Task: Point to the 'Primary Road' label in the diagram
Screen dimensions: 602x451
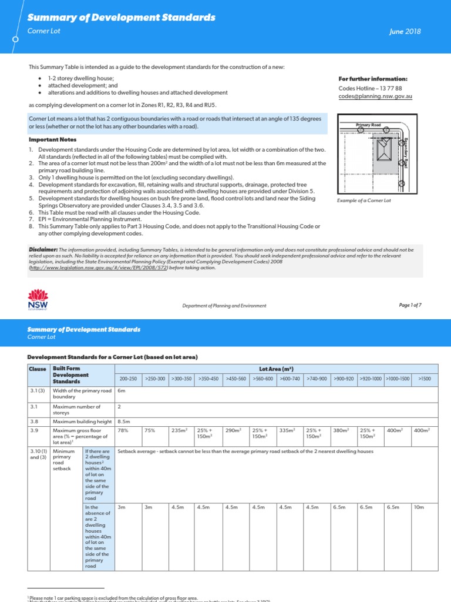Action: [x=368, y=125]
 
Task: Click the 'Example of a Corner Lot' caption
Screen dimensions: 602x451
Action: [x=364, y=200]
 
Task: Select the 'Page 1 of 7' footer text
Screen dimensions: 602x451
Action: [x=410, y=305]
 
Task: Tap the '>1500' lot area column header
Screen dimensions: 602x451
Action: [x=424, y=379]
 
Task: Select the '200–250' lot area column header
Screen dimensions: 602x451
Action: [x=128, y=379]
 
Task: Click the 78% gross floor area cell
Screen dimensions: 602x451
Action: [x=123, y=430]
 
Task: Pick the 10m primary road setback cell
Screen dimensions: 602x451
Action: [x=419, y=506]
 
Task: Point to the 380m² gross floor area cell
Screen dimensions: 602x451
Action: [x=341, y=430]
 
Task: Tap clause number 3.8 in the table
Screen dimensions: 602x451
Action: [x=33, y=420]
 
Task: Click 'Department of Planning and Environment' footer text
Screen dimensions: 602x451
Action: [x=224, y=306]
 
